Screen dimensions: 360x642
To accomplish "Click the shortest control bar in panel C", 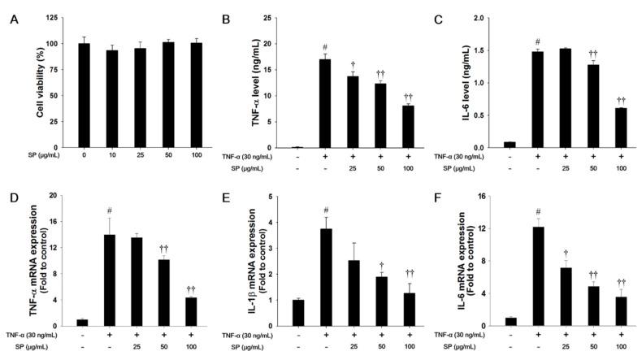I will (x=509, y=145).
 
